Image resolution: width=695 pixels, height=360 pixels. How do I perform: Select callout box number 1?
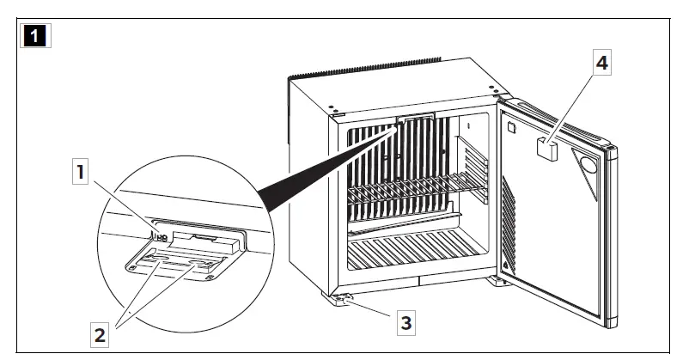pyautogui.click(x=81, y=173)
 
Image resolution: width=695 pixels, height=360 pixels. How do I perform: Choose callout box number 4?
pyautogui.click(x=604, y=63)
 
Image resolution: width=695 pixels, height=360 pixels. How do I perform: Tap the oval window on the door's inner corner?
pyautogui.click(x=591, y=163)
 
